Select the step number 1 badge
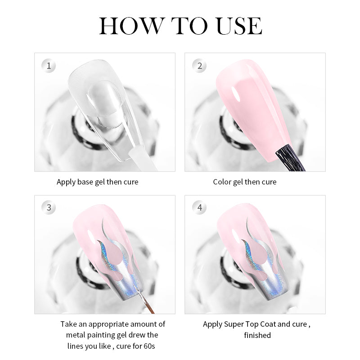click(x=49, y=66)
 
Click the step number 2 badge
click(x=199, y=66)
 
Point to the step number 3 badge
click(x=49, y=207)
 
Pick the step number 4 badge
click(x=199, y=207)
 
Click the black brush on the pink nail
click(x=290, y=158)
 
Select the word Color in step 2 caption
click(x=222, y=182)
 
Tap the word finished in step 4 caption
click(x=257, y=335)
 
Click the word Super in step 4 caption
click(x=234, y=324)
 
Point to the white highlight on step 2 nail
click(x=236, y=94)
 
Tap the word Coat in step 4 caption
click(x=268, y=324)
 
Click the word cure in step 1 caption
click(x=131, y=182)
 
